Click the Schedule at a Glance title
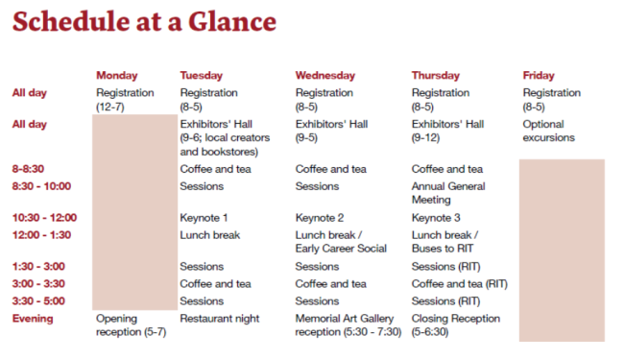[x=144, y=22]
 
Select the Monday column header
[x=116, y=75]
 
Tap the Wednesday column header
[x=325, y=75]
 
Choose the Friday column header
[x=539, y=75]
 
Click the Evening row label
[x=33, y=319]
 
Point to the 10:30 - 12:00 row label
[x=44, y=218]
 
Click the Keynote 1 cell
[x=204, y=218]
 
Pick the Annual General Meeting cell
[x=448, y=193]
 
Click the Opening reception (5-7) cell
[x=131, y=325]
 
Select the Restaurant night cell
[x=219, y=319]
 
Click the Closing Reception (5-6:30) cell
[x=456, y=325]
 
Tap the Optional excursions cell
[x=548, y=131]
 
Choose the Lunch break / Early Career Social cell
[x=341, y=241]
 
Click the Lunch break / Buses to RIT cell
[x=446, y=241]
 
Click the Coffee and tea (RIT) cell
[x=459, y=284]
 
